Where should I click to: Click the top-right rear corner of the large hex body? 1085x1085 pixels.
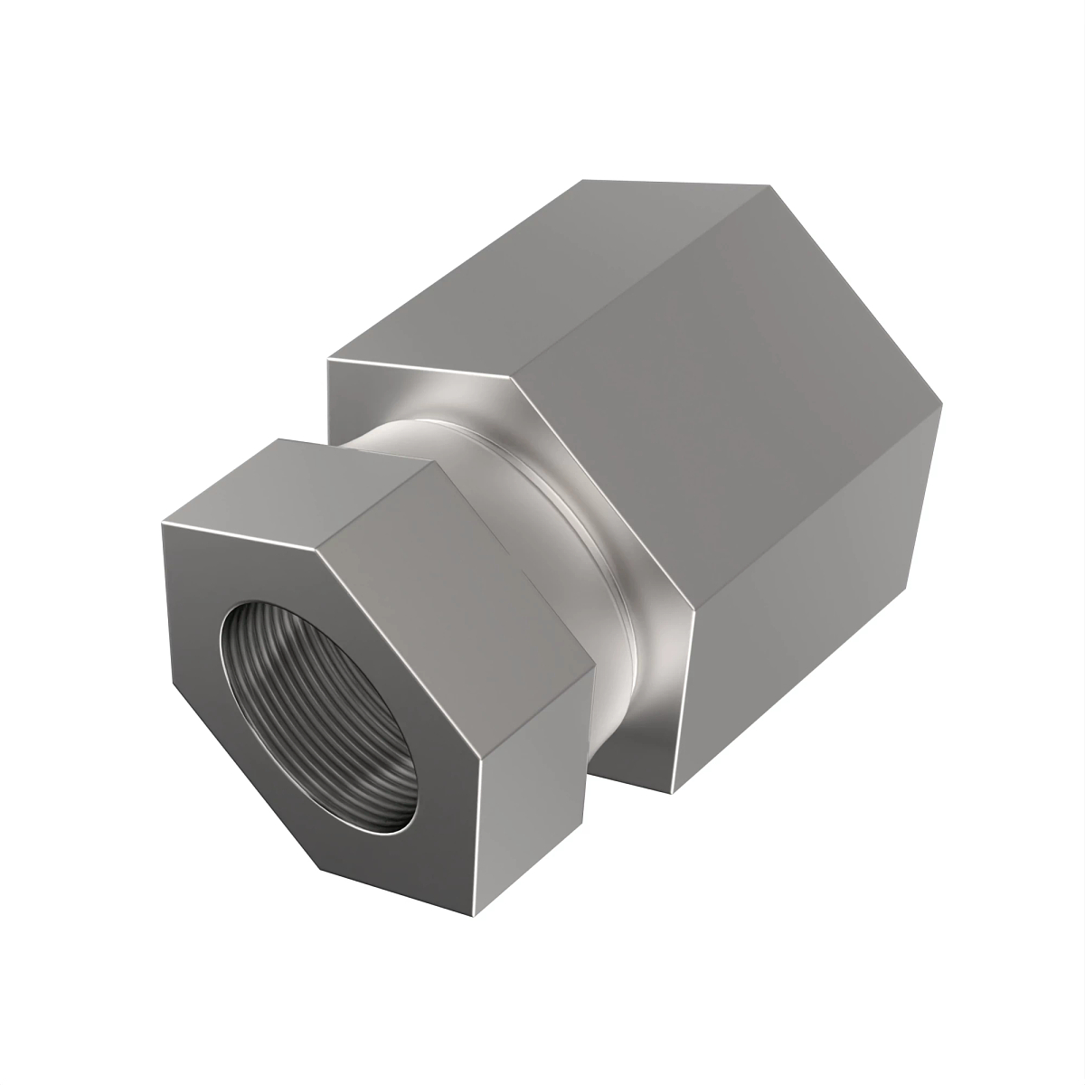773,185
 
